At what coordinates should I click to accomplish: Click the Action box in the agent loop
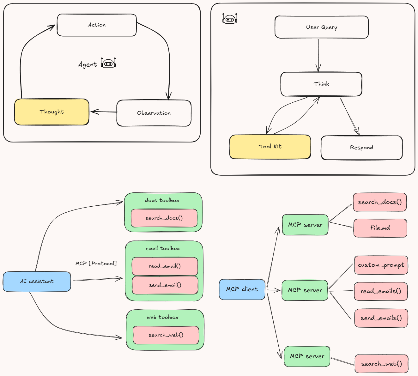click(97, 25)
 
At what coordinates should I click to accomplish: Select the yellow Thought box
click(51, 112)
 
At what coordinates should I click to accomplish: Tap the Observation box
click(154, 113)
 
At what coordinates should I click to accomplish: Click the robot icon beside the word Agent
click(108, 63)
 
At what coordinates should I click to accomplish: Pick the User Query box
click(321, 27)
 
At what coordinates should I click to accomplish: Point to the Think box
click(321, 84)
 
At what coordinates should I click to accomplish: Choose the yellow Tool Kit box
click(270, 147)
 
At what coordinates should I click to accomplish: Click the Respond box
click(361, 148)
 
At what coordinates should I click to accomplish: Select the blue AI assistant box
click(37, 281)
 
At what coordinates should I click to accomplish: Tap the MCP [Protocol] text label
click(96, 263)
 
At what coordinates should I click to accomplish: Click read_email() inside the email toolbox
click(165, 266)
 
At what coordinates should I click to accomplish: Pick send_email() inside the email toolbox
click(165, 285)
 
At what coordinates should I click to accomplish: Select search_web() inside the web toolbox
click(166, 335)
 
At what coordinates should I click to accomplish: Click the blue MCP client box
click(242, 289)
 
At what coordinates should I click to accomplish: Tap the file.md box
click(380, 228)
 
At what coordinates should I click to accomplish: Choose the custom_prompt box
click(381, 265)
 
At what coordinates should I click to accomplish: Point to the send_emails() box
click(381, 318)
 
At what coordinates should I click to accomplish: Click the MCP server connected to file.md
click(305, 225)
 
